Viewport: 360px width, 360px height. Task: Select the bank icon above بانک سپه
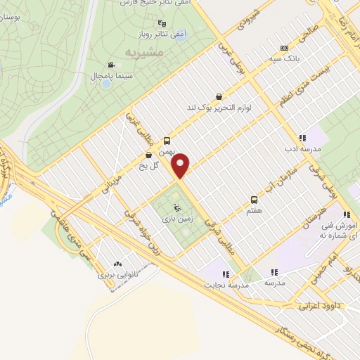tap(284, 48)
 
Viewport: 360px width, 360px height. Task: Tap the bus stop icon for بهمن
tap(166, 141)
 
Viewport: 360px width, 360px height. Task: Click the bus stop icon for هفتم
tap(254, 200)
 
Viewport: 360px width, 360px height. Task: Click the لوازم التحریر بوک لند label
tap(219, 108)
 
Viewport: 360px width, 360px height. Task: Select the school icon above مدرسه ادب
tap(301, 138)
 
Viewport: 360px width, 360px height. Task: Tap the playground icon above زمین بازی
tap(176, 207)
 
